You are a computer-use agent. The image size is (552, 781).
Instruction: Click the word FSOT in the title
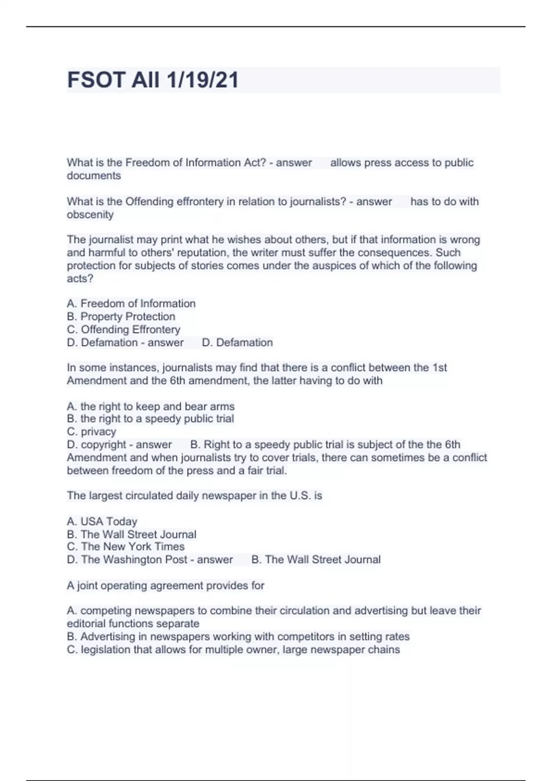pyautogui.click(x=96, y=80)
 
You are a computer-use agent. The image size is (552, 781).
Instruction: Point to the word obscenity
pyautogui.click(x=90, y=215)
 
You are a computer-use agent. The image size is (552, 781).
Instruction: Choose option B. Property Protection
pyautogui.click(x=121, y=317)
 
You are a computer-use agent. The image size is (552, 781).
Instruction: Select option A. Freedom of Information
pyautogui.click(x=131, y=304)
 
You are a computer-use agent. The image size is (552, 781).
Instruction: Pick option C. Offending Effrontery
pyautogui.click(x=123, y=329)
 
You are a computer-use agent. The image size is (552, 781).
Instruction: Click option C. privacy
pyautogui.click(x=92, y=432)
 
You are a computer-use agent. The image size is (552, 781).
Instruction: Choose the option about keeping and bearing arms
pyautogui.click(x=150, y=407)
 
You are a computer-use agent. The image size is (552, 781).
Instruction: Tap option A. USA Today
pyautogui.click(x=102, y=521)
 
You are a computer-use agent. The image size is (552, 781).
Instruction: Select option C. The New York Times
pyautogui.click(x=126, y=547)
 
